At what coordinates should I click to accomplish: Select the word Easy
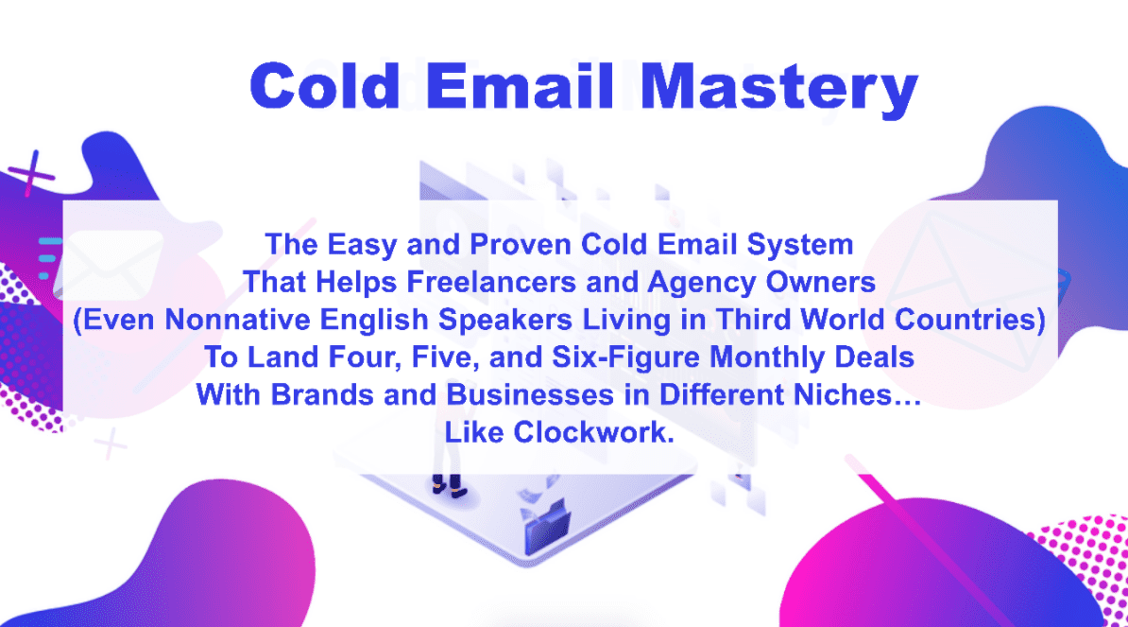[353, 245]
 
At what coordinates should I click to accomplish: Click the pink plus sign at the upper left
[35, 172]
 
